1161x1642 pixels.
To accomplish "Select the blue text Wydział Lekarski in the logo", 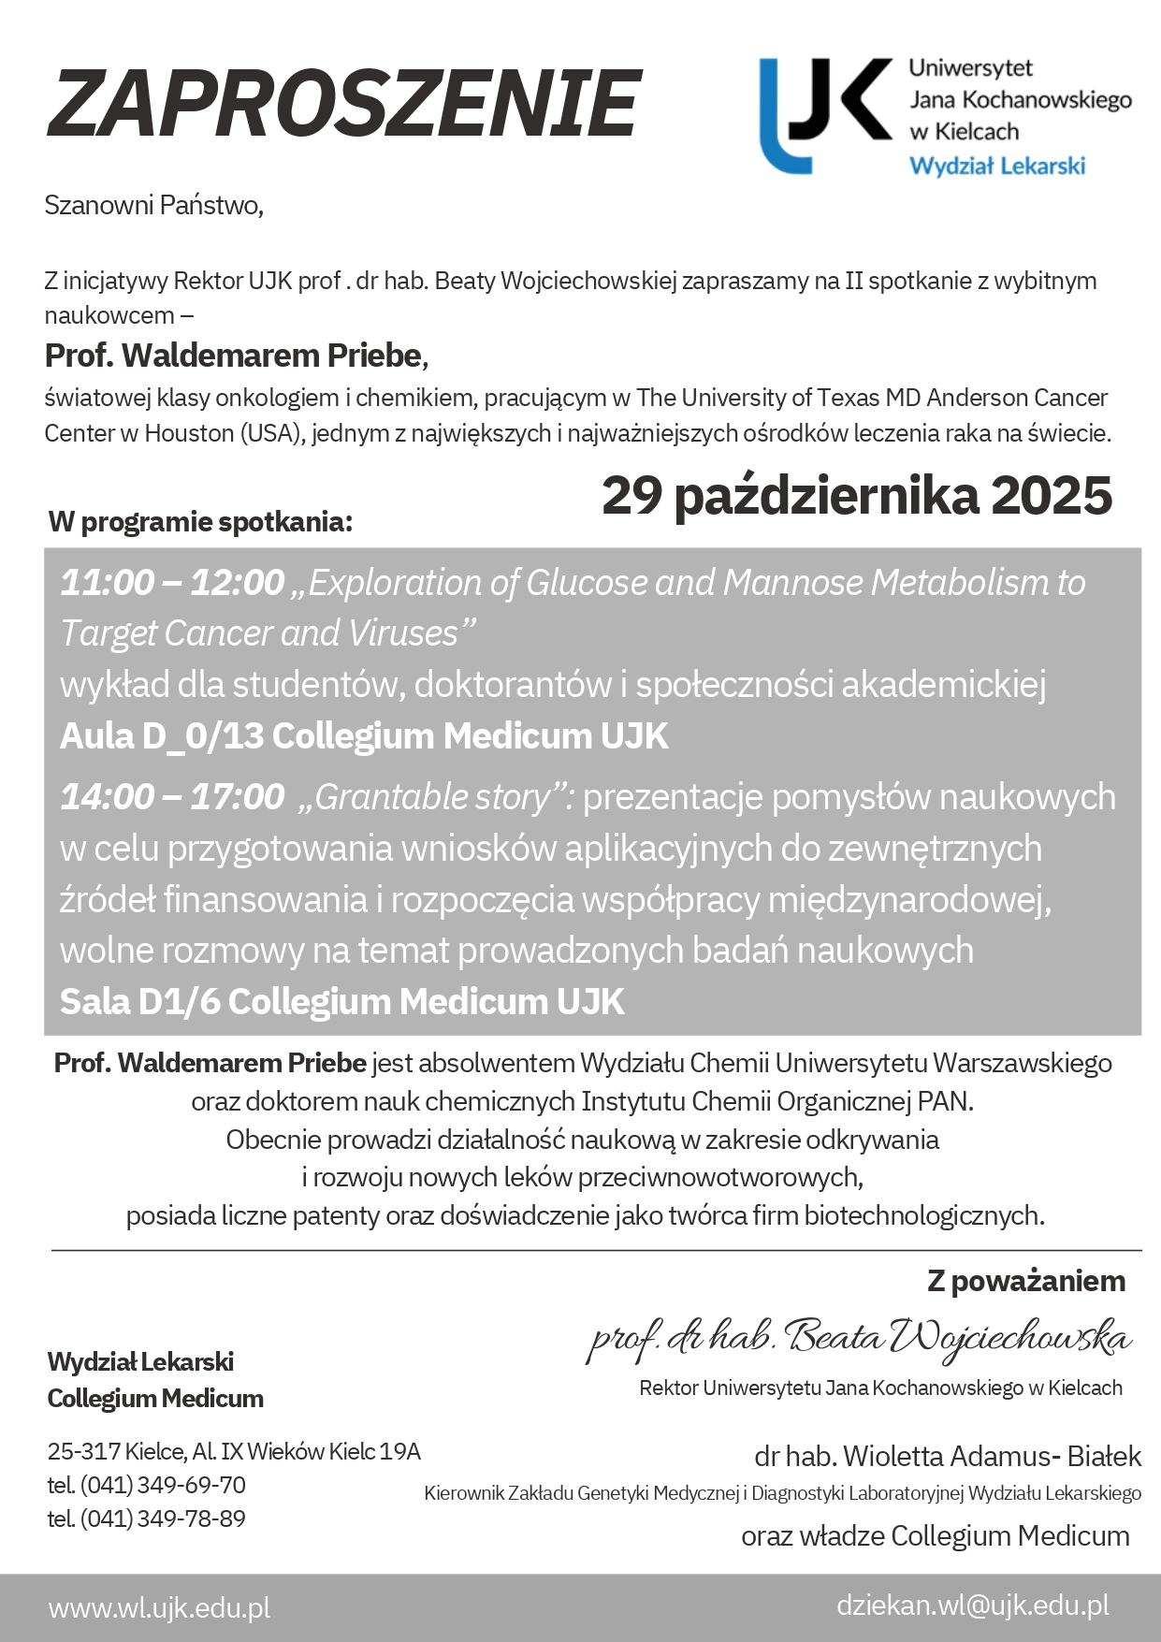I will (997, 167).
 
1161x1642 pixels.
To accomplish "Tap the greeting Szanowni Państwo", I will (153, 205).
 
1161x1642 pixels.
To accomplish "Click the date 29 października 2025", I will (856, 495).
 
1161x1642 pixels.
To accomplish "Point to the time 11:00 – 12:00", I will (172, 583).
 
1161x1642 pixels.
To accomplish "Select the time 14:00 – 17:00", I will (172, 797).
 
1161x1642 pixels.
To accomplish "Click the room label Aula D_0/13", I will (163, 737).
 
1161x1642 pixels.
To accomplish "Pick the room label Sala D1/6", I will (139, 1002).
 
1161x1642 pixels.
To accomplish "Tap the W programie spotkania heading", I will (200, 522).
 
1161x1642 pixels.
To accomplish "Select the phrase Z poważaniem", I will (1026, 1281).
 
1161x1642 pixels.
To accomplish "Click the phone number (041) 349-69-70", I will (163, 1485).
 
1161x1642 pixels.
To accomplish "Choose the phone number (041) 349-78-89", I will (163, 1518).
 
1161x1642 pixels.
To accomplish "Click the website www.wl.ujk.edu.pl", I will (159, 1607).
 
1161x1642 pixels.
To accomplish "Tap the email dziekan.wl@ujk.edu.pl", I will (973, 1606).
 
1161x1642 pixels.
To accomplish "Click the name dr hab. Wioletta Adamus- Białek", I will (948, 1456).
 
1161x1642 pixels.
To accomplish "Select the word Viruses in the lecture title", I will (403, 633).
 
